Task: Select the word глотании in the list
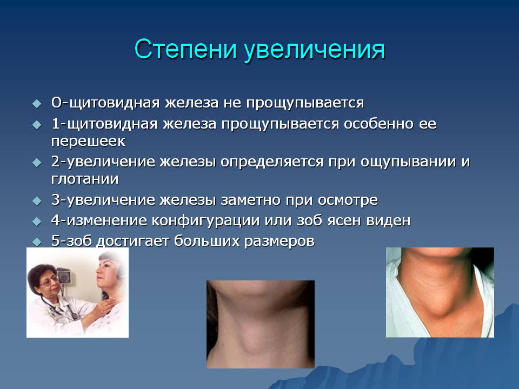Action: point(85,178)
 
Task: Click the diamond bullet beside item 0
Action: point(37,103)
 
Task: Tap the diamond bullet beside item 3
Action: point(37,200)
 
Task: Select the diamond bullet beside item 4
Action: point(37,221)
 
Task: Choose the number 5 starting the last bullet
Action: point(55,241)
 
